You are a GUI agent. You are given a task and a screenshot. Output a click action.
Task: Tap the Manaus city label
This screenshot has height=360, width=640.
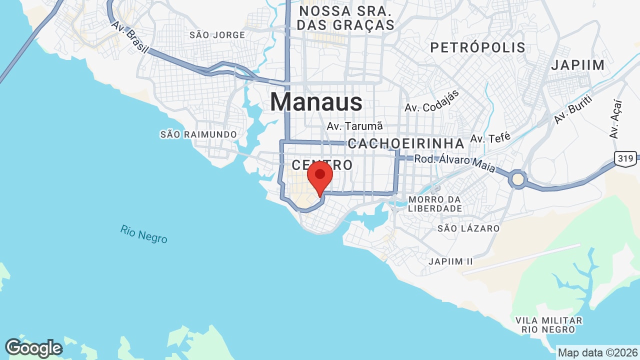click(x=316, y=102)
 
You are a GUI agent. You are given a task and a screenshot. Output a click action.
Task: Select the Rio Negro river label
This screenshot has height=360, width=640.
click(x=143, y=234)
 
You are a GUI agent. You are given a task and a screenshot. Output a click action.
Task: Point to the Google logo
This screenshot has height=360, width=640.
click(x=33, y=348)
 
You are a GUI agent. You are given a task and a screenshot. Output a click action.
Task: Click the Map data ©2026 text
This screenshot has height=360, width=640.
click(x=598, y=352)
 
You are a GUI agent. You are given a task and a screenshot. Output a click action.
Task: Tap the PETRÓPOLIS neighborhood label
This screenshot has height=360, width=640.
click(x=477, y=47)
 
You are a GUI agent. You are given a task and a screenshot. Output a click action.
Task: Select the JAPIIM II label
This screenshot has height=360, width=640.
click(x=450, y=261)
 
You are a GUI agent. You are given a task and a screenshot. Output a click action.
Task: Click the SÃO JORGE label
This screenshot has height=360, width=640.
click(x=217, y=35)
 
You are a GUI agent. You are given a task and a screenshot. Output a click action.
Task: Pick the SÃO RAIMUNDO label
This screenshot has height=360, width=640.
click(x=198, y=134)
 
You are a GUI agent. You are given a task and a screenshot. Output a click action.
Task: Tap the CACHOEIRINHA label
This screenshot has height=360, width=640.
click(x=406, y=143)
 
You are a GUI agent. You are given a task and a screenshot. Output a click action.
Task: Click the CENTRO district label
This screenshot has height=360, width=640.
click(x=322, y=165)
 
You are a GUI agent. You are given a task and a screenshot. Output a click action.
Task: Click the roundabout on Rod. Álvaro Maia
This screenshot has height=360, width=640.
click(x=518, y=179)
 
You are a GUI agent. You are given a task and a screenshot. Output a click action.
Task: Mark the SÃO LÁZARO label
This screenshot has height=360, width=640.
click(x=468, y=228)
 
